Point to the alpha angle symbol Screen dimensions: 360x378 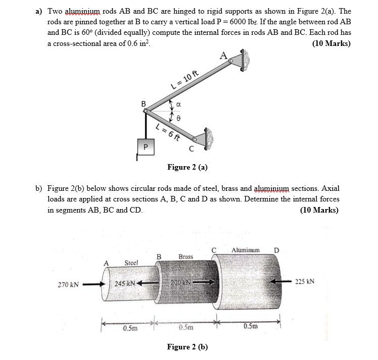tap(178, 106)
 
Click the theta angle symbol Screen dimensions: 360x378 tap(178, 118)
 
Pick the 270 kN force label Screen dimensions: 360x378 tap(69, 284)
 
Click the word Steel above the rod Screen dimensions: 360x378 tap(132, 263)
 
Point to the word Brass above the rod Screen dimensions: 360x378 tap(185, 256)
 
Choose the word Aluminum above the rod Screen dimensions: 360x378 tap(246, 250)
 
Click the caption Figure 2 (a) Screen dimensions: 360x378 tap(187, 167)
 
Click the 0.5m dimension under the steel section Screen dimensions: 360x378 tap(129, 328)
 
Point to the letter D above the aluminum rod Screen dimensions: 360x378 tap(276, 250)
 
